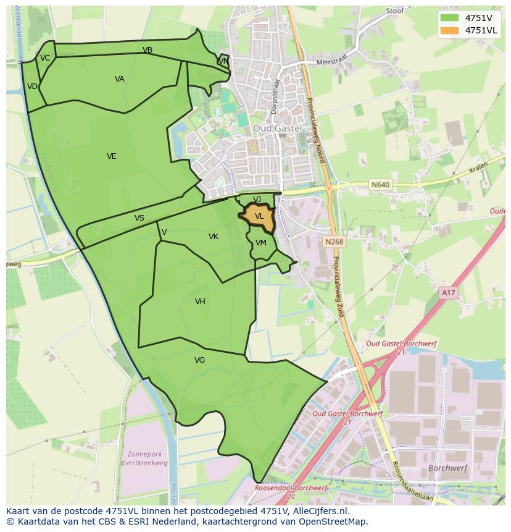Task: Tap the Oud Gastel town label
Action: (x=277, y=128)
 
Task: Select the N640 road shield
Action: (x=380, y=184)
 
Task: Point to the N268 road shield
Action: (x=334, y=242)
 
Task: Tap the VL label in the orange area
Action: (x=259, y=216)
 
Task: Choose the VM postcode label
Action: (x=261, y=243)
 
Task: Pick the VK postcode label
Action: (x=214, y=237)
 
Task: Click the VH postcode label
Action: (x=200, y=302)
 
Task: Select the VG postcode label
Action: (x=199, y=360)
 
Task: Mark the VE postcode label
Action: (x=111, y=156)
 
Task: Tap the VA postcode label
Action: (x=120, y=79)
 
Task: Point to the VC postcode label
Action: (x=45, y=58)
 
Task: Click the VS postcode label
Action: (x=139, y=218)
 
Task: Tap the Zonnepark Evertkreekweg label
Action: (x=146, y=457)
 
